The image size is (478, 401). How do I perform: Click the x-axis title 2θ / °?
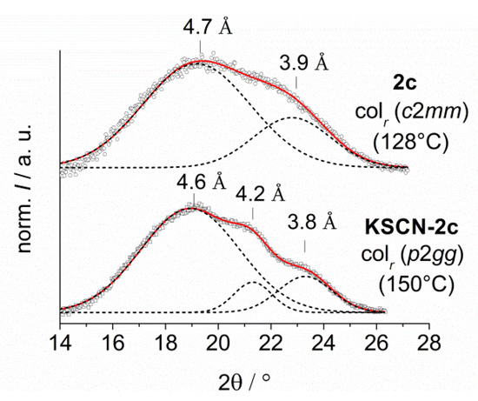click(246, 380)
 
